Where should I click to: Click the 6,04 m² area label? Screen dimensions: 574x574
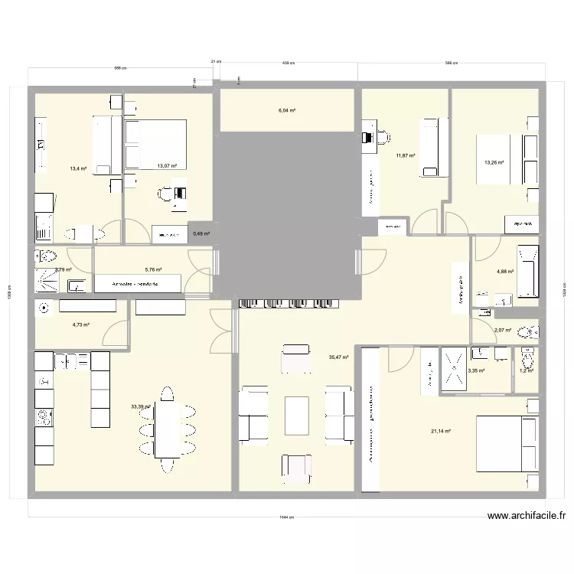pos(286,111)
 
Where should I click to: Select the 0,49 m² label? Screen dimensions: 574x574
pos(201,234)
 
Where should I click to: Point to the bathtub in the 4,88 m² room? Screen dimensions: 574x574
pos(528,271)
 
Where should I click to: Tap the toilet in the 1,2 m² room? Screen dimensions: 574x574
pos(527,358)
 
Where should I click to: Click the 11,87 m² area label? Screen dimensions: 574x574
pos(405,156)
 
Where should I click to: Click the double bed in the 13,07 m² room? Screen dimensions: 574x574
pos(155,143)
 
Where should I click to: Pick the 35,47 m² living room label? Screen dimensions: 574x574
pos(338,357)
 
